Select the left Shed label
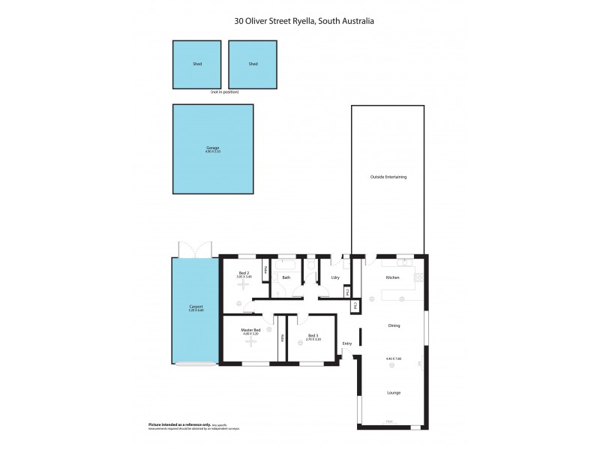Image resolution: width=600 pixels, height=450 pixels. [196, 64]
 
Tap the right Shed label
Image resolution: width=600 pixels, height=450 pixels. [253, 64]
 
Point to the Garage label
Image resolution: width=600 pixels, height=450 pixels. [213, 148]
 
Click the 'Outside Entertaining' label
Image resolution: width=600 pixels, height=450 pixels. [388, 177]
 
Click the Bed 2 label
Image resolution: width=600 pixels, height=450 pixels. [244, 273]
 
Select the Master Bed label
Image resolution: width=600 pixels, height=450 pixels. [250, 330]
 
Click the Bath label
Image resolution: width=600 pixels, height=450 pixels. [286, 277]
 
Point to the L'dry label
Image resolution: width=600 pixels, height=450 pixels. [335, 277]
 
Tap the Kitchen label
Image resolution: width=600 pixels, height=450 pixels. [392, 277]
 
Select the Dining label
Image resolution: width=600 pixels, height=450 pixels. [394, 325]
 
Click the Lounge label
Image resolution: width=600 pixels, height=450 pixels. [393, 392]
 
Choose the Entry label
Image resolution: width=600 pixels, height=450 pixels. [346, 343]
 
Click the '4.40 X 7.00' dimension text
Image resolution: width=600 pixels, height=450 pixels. [394, 359]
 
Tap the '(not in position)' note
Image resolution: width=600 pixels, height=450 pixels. [225, 91]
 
